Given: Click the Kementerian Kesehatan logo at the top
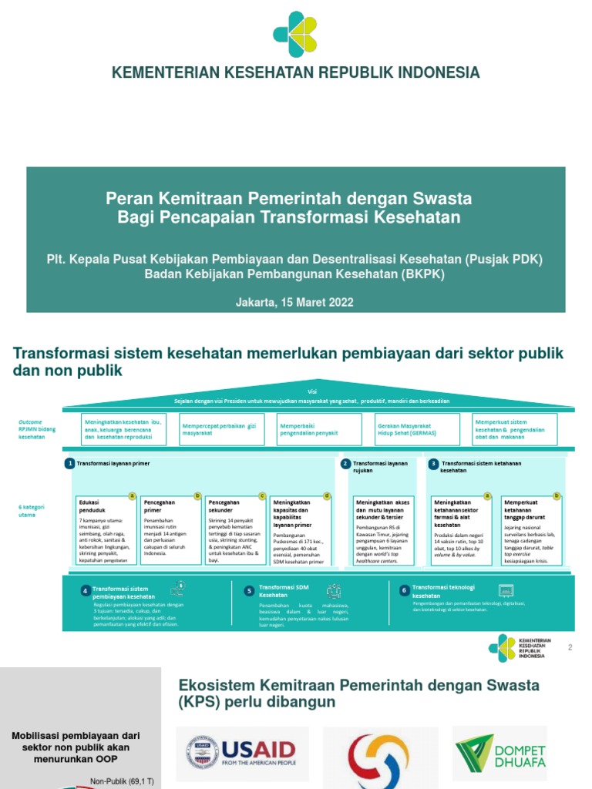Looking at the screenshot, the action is click(x=295, y=34).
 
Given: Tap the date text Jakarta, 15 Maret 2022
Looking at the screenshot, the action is click(x=295, y=302).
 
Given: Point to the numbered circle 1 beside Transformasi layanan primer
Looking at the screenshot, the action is click(x=69, y=463).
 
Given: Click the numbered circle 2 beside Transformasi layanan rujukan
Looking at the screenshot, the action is click(x=346, y=463).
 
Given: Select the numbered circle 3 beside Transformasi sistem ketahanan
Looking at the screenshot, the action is click(x=434, y=463).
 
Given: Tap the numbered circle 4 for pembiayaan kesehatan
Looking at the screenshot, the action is click(x=86, y=591).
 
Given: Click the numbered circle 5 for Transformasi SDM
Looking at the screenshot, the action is click(x=249, y=591).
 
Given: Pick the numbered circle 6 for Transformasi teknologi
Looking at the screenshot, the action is click(x=404, y=589).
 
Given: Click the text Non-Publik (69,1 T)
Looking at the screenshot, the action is click(x=122, y=781).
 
